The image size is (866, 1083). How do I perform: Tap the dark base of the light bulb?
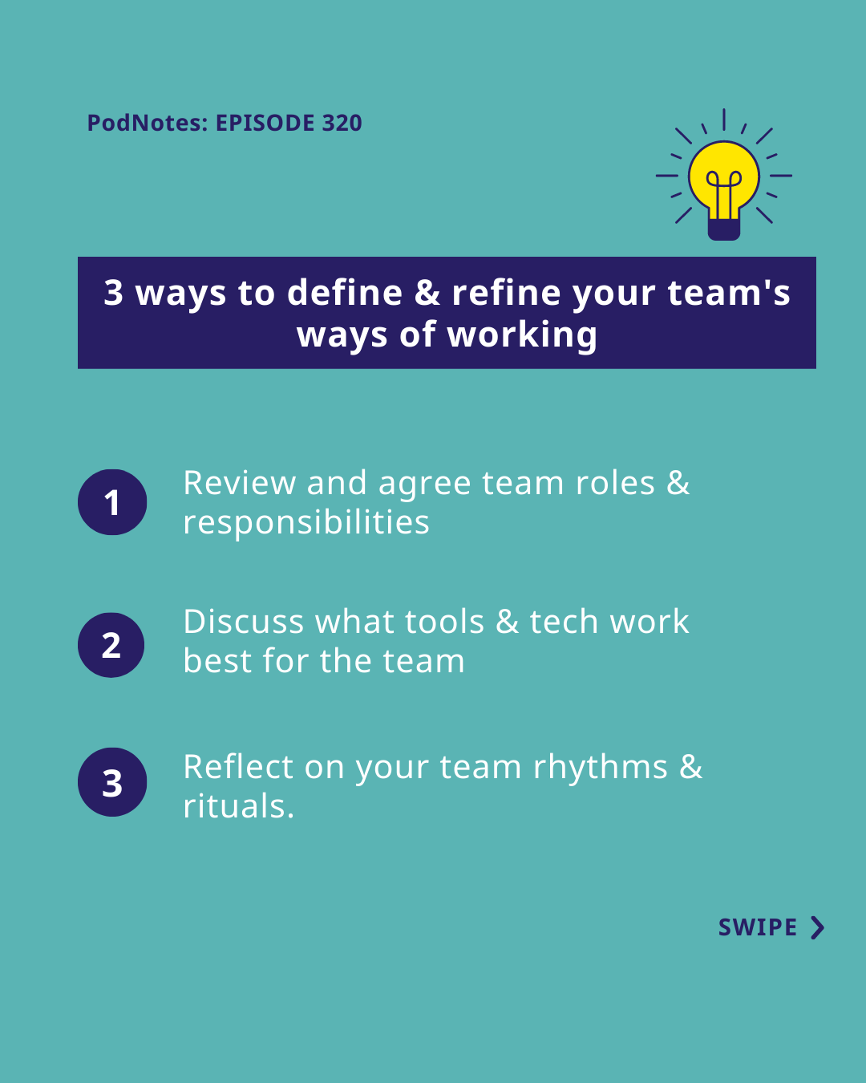pos(723,229)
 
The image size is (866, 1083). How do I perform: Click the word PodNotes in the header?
pos(148,123)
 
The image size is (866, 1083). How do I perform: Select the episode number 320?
pos(342,123)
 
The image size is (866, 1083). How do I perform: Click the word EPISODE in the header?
pos(265,123)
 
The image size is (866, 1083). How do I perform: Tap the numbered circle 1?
pos(112,501)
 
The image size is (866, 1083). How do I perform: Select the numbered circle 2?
pos(111,645)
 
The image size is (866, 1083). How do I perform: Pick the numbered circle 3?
pos(112,781)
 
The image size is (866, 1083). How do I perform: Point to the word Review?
pos(240,483)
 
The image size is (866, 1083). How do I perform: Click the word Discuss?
pos(244,621)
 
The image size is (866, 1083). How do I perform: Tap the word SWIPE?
pos(757,927)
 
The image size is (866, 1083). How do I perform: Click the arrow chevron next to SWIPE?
pos(817,927)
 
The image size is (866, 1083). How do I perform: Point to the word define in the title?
pos(345,292)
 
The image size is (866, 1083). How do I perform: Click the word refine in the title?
pos(506,292)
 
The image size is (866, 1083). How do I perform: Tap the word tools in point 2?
pos(444,621)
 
